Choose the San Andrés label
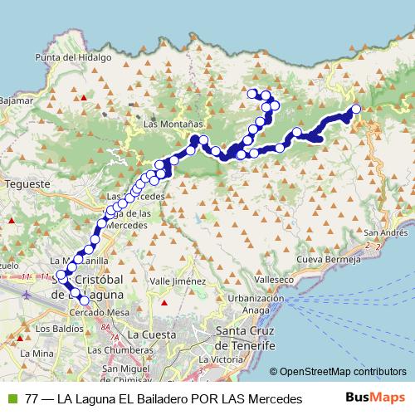384,233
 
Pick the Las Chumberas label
139,349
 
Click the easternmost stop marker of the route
357,109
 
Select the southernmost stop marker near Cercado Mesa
83,300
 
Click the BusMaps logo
382,398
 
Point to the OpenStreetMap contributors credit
342,373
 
